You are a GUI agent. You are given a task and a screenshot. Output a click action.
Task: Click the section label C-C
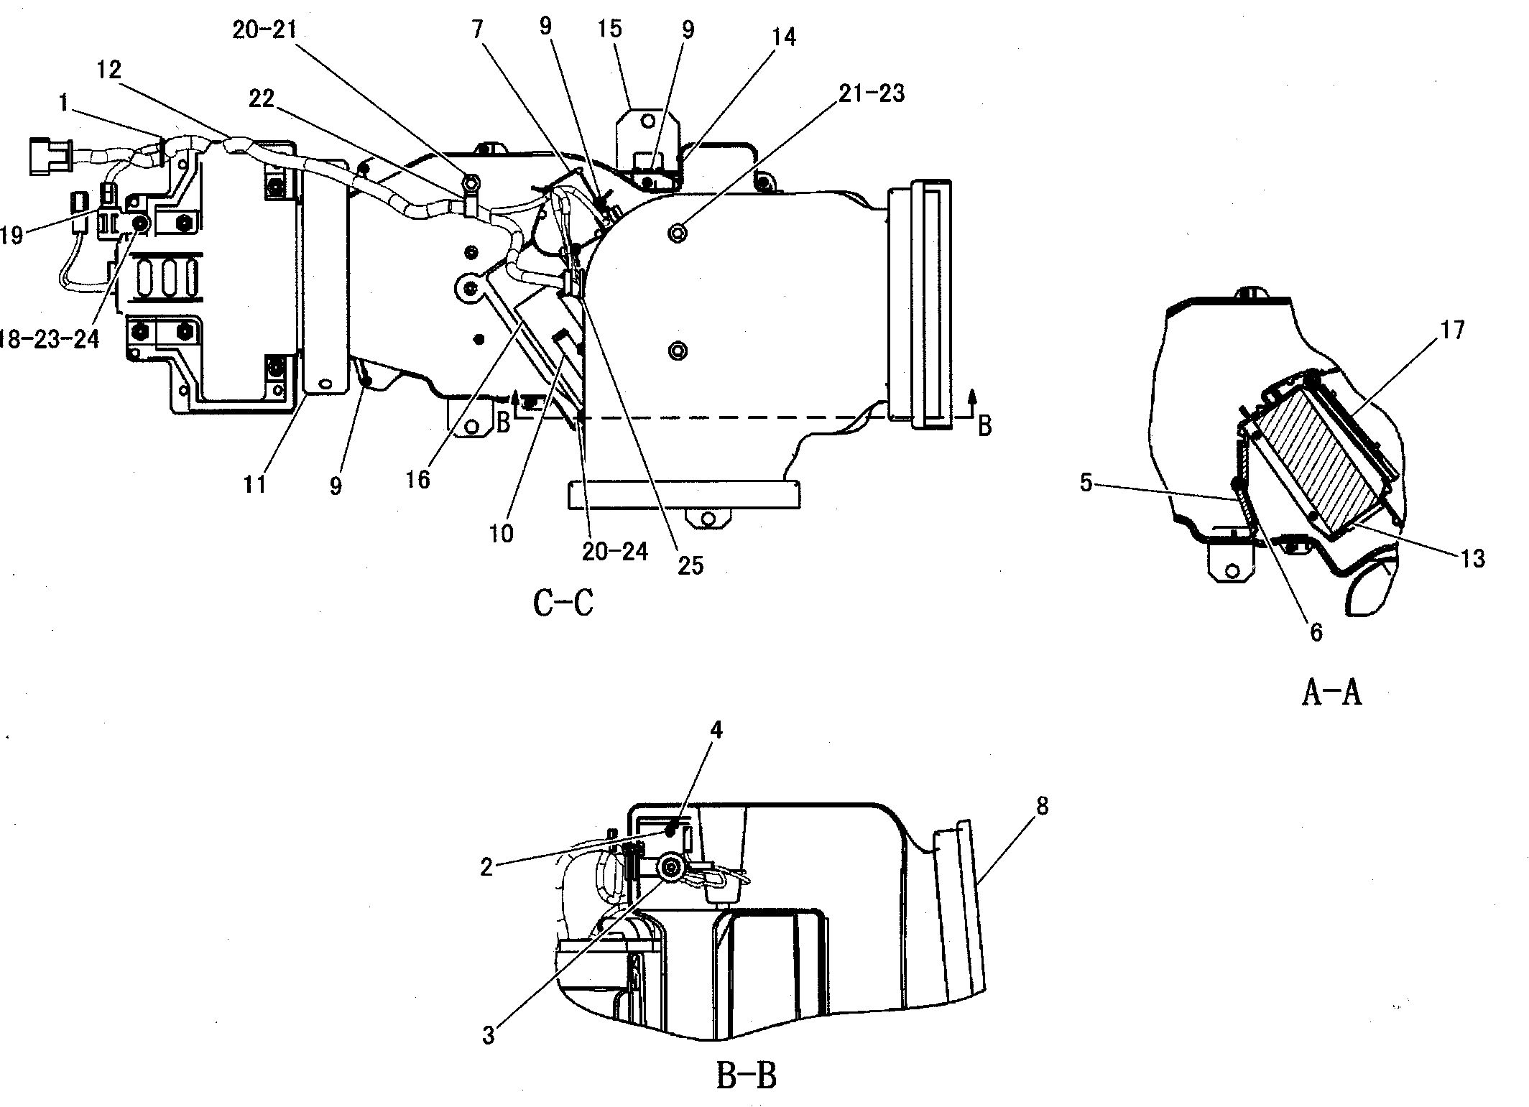coord(563,603)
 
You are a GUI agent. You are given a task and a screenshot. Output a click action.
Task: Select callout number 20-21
coord(264,30)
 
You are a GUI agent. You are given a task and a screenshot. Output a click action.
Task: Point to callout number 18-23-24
coord(47,338)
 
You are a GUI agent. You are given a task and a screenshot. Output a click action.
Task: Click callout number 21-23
coord(872,93)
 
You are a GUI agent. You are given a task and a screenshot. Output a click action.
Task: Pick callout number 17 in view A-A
coord(1452,330)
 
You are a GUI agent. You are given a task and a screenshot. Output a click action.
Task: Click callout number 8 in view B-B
coord(1042,807)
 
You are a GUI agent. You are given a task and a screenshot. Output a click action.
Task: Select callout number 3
coord(489,1035)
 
